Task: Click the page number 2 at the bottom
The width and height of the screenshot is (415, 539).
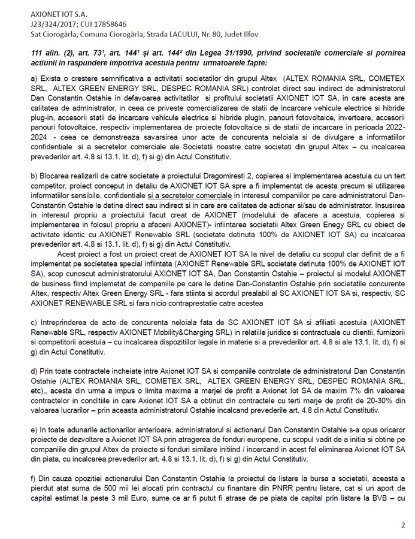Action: pos(402,525)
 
